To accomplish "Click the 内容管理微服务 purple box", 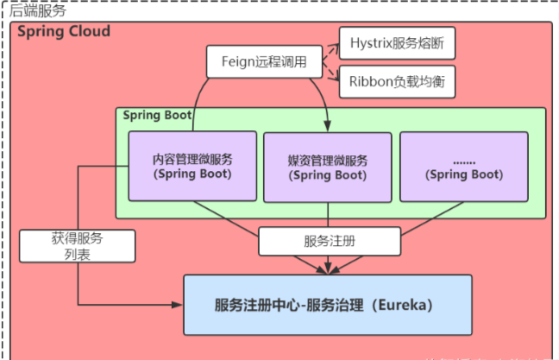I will coord(192,165).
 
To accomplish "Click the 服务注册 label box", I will coord(330,242).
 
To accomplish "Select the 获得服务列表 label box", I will coord(77,246).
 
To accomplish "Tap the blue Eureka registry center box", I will coord(328,305).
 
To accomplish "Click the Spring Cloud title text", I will coord(64,32).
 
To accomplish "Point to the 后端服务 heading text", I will coord(35,9).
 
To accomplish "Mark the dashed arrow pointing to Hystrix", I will coord(329,47).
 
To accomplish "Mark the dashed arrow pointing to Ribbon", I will coord(329,73).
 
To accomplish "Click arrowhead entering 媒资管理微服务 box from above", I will coord(327,128).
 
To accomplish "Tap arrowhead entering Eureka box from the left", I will coord(179,304).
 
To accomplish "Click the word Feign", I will coord(235,62).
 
